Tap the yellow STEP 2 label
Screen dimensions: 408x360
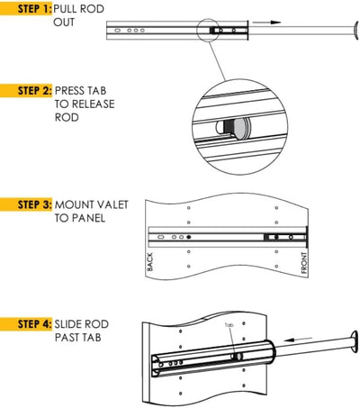coord(27,91)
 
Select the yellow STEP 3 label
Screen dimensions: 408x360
coord(27,204)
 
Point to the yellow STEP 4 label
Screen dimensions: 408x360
coord(27,322)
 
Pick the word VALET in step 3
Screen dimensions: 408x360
coord(114,204)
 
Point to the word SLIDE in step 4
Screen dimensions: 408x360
coord(69,322)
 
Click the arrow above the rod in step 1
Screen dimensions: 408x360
coord(266,20)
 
